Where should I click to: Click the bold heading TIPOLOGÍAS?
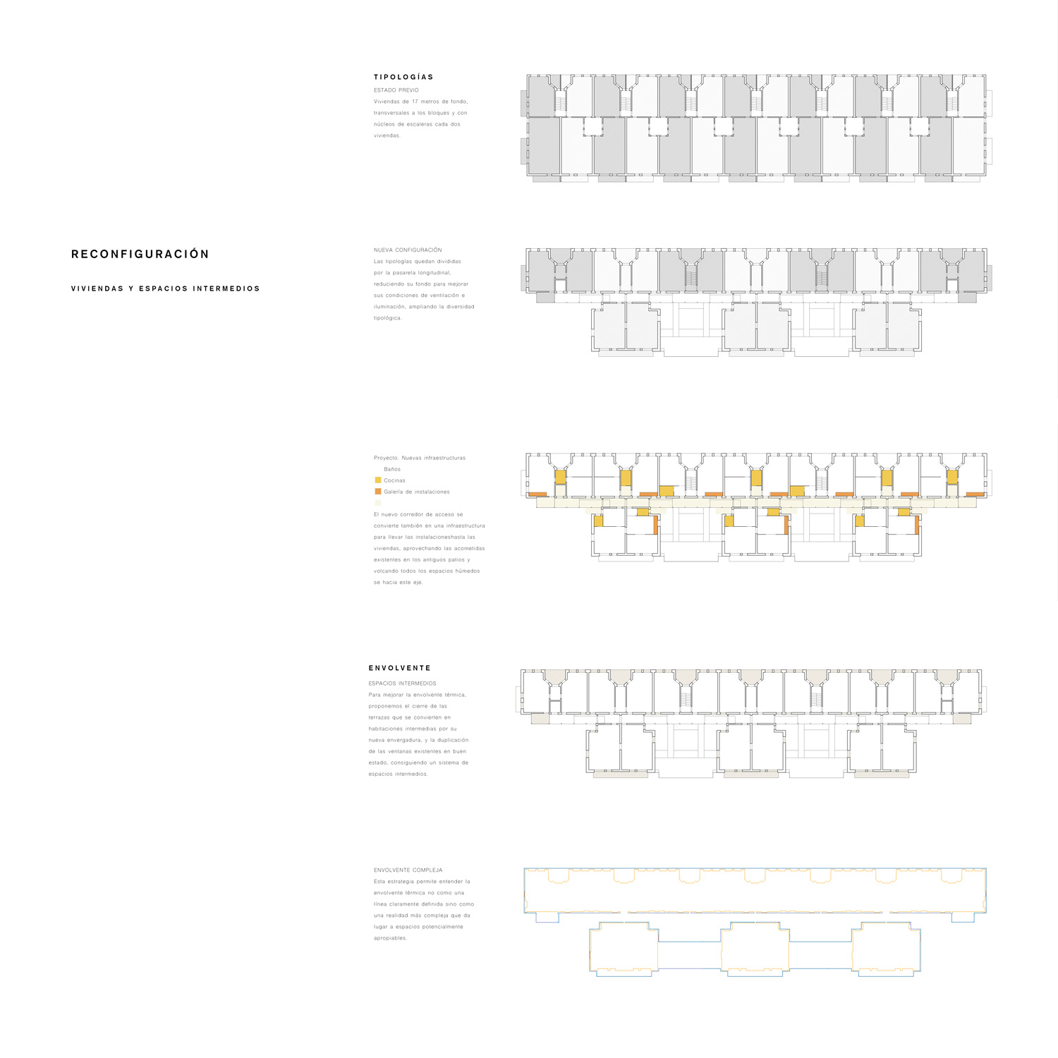[403, 77]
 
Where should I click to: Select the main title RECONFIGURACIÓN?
[140, 254]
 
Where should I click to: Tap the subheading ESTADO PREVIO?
[396, 90]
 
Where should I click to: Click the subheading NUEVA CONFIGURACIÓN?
[408, 250]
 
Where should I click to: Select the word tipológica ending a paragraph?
[387, 318]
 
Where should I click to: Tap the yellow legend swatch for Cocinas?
[378, 480]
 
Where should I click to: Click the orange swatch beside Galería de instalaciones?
[378, 492]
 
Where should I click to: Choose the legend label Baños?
[392, 469]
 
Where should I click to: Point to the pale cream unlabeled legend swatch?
[378, 503]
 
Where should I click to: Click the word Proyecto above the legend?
[386, 458]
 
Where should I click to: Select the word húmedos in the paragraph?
[467, 571]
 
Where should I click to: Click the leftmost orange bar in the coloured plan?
[537, 494]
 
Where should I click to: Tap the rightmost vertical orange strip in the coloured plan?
[918, 525]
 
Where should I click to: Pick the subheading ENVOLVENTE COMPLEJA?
[408, 870]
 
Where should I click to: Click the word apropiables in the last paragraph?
[390, 938]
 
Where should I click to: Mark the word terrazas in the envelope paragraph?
[380, 717]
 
